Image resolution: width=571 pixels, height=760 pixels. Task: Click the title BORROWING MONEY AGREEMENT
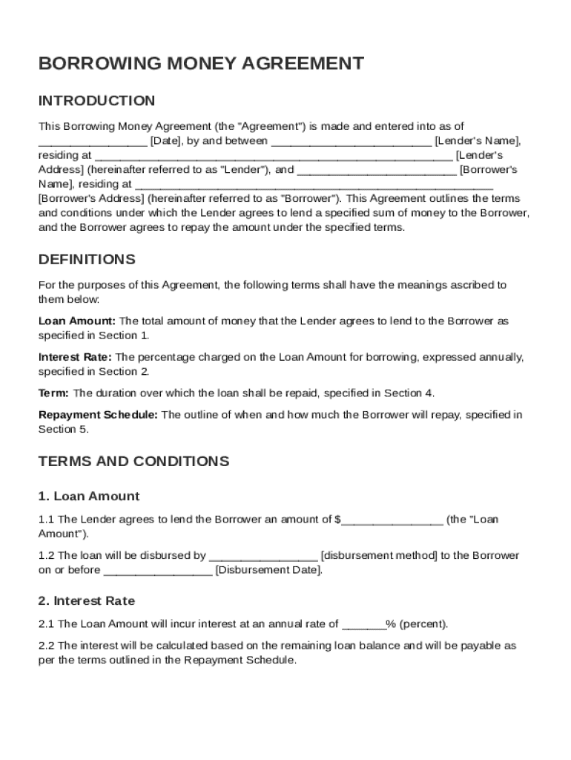[201, 64]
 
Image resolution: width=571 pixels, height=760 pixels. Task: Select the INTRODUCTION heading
[96, 101]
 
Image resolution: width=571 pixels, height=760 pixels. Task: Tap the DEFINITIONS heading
[87, 260]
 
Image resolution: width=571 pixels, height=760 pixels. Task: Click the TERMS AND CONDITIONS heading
[133, 462]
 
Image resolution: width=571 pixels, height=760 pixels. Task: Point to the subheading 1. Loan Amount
[88, 497]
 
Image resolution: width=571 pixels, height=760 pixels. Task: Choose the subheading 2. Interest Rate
[87, 601]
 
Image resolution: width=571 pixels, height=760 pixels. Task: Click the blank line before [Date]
[93, 141]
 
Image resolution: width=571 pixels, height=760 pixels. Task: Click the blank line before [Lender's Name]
[351, 141]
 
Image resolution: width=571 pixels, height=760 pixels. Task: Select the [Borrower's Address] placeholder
[91, 199]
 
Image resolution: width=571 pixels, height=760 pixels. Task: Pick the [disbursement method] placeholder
[379, 556]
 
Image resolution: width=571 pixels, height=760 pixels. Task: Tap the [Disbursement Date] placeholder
[268, 571]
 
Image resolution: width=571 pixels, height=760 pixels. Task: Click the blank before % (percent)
[363, 625]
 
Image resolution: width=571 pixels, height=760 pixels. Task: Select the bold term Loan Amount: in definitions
[77, 321]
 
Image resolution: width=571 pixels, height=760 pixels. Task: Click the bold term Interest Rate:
[76, 357]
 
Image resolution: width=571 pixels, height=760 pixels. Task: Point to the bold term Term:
[54, 393]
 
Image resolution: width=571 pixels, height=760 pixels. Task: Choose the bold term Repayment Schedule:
[98, 415]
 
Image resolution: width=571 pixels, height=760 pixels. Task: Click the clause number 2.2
[46, 646]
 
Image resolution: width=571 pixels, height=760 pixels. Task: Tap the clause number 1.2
[46, 556]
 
